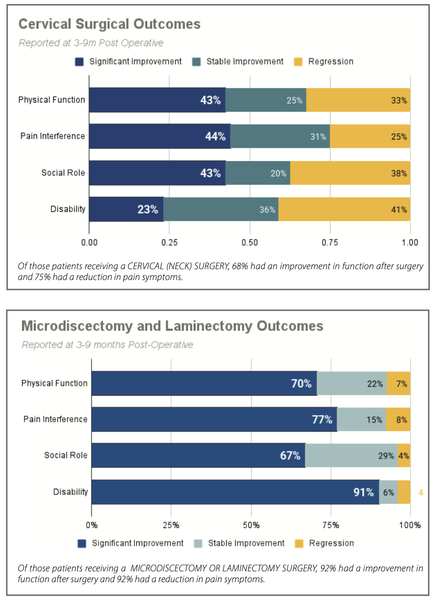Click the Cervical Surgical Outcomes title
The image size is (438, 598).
tap(109, 24)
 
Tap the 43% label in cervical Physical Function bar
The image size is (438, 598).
tap(210, 100)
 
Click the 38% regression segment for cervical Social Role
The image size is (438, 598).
tap(350, 173)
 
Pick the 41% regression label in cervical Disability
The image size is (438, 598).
tap(399, 210)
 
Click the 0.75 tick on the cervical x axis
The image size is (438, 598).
tap(330, 243)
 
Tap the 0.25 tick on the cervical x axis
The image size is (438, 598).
tap(169, 243)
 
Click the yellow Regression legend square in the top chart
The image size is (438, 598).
tap(298, 62)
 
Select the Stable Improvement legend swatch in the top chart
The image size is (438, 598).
tap(196, 62)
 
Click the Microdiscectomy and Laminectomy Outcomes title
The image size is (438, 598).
tap(172, 326)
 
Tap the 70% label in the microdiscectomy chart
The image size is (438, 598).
tap(301, 383)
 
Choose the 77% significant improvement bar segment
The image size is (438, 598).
tap(214, 420)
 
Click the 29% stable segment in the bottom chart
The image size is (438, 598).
tap(351, 455)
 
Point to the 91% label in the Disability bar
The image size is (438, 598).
tap(363, 492)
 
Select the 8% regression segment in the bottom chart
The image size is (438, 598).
tap(398, 420)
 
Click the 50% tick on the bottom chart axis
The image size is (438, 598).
tap(251, 525)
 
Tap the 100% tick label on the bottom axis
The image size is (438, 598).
tap(410, 525)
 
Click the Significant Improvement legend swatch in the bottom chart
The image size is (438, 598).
tap(82, 543)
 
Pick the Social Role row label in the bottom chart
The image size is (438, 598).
tap(66, 455)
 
